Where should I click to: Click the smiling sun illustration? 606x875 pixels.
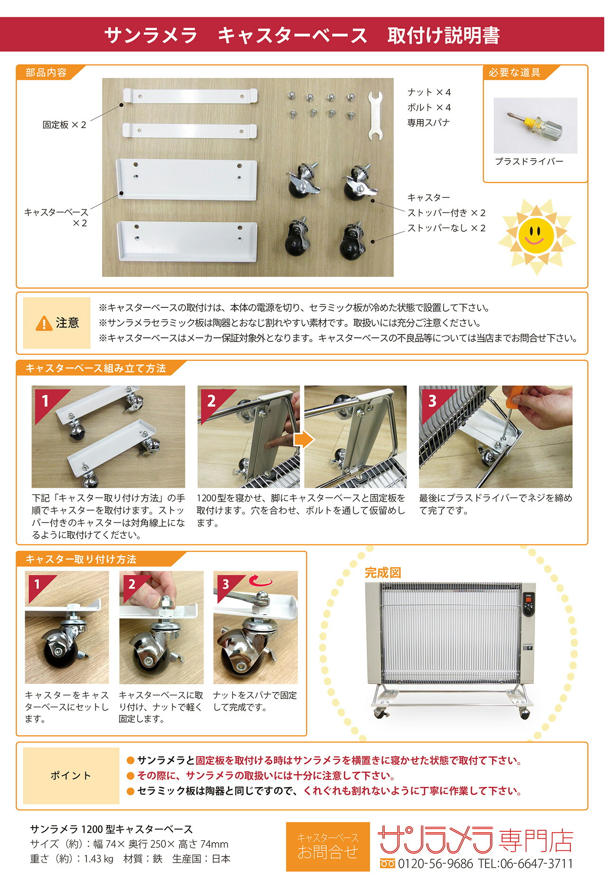536,236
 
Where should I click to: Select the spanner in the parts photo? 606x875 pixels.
375,116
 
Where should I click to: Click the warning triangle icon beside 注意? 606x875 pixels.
44,323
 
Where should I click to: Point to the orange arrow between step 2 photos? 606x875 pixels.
303,439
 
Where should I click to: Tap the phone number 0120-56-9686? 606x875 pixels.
435,863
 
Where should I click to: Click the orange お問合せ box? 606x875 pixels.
328,846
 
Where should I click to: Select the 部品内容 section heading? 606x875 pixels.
46,73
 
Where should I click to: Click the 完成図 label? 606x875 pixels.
383,573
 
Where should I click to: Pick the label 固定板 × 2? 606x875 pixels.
64,125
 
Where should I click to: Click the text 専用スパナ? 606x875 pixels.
428,123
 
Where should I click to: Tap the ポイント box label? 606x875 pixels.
71,776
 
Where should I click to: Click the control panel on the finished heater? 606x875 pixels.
528,605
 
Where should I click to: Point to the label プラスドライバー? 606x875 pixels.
529,162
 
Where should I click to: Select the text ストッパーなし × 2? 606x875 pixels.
446,228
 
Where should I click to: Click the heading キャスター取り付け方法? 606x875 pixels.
81,559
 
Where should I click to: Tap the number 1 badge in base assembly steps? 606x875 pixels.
45,400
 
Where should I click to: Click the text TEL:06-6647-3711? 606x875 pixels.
525,863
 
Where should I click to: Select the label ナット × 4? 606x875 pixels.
429,92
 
